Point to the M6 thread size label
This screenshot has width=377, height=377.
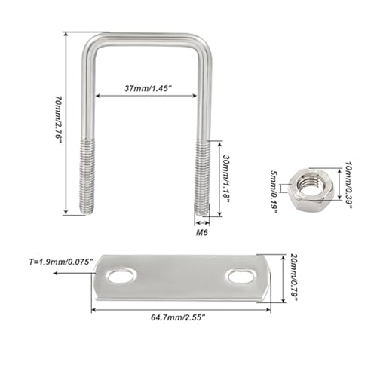coord(201,232)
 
